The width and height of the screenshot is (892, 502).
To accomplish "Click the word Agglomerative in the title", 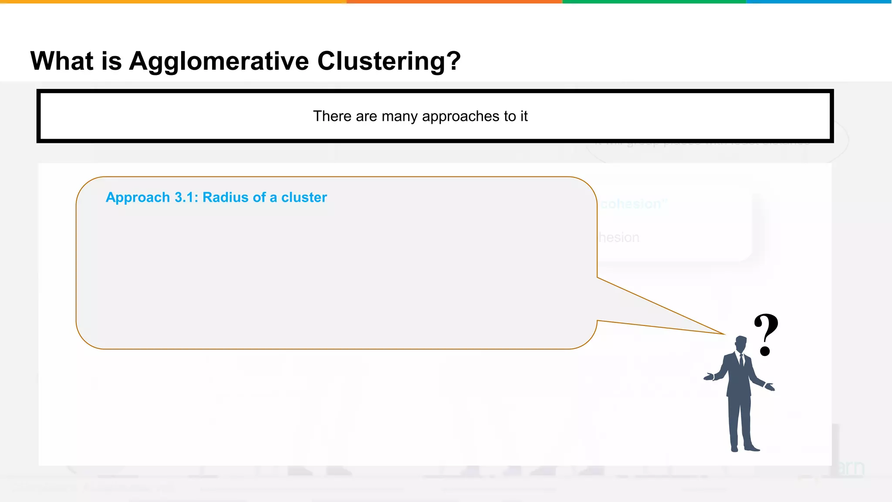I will pyautogui.click(x=219, y=61).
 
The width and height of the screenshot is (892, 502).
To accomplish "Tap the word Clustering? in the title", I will pyautogui.click(x=389, y=61).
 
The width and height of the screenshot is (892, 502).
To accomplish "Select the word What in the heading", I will pyautogui.click(x=61, y=61).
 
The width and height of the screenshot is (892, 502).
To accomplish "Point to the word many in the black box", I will pyautogui.click(x=399, y=116).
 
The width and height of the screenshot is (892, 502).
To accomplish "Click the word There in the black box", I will pyautogui.click(x=332, y=116).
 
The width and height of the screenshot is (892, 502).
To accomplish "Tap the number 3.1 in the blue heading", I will pyautogui.click(x=186, y=197).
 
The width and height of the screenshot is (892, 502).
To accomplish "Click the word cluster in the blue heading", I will pyautogui.click(x=304, y=197).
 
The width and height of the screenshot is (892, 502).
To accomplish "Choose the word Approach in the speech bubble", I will pyautogui.click(x=138, y=198).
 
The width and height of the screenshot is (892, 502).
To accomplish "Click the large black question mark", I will pyautogui.click(x=766, y=334).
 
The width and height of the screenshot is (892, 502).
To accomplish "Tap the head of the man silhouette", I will pyautogui.click(x=741, y=343).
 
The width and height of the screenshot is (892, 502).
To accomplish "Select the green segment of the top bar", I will pyautogui.click(x=654, y=2).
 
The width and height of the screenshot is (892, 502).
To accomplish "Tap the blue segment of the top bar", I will pyautogui.click(x=819, y=2).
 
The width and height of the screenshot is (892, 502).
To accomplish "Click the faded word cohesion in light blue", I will pyautogui.click(x=631, y=204).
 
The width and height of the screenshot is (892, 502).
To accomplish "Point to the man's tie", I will pyautogui.click(x=741, y=360).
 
